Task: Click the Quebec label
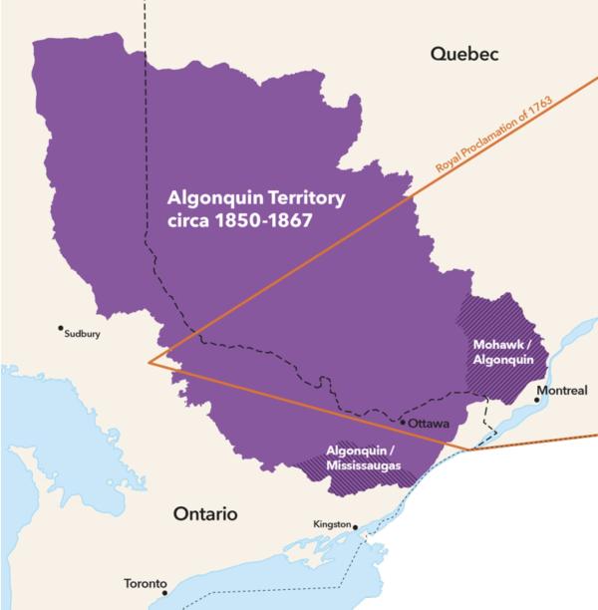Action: click(x=463, y=54)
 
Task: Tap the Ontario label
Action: click(x=205, y=514)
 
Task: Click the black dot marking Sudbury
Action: click(x=61, y=327)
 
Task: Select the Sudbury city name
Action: click(x=83, y=336)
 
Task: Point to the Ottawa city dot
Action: click(x=402, y=423)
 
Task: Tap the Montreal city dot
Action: click(x=538, y=400)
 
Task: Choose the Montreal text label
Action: click(x=562, y=390)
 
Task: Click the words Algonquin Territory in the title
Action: click(x=256, y=198)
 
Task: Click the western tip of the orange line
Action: click(x=149, y=362)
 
